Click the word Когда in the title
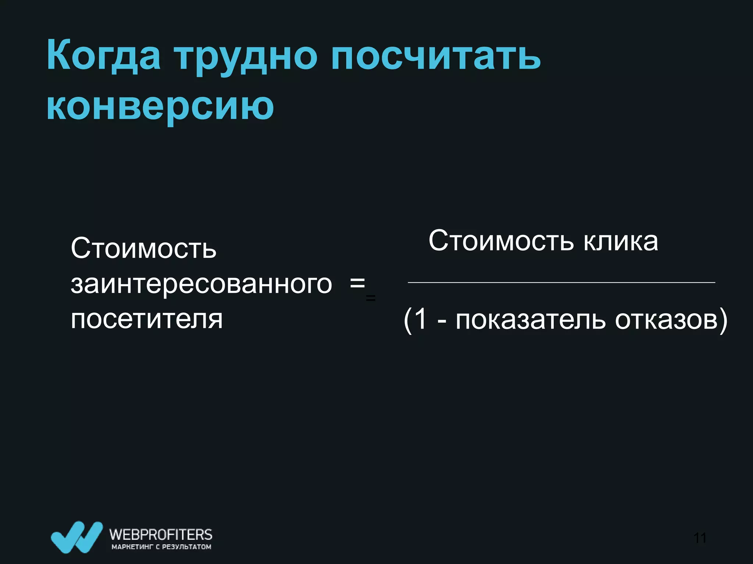[x=103, y=56]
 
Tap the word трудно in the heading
[x=245, y=57]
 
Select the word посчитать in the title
[x=435, y=56]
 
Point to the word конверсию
[x=160, y=106]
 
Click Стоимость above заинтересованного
[x=143, y=248]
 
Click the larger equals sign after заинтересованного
[x=357, y=283]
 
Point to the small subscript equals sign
[x=371, y=298]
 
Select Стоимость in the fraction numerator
[x=501, y=241]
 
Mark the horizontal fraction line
[x=561, y=282]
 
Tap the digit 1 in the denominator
[x=421, y=319]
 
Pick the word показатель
[x=530, y=319]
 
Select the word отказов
[x=666, y=319]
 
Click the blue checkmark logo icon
[x=76, y=536]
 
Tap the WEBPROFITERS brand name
[x=161, y=534]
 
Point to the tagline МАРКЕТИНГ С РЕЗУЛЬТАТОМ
[x=161, y=547]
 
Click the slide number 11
[x=700, y=538]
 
